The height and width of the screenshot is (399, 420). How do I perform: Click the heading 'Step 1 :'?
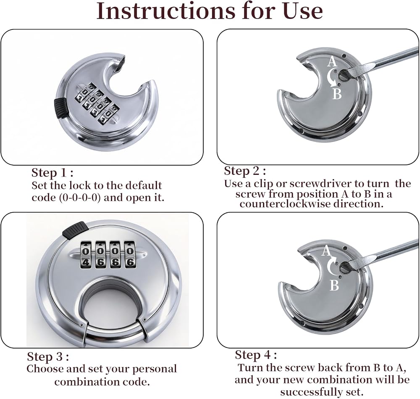coord(52,172)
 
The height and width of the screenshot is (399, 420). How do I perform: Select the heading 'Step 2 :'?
coord(245,171)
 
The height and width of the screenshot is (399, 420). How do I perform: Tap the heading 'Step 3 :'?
coord(48,357)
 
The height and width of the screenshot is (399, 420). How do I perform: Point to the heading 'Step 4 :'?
coord(256,355)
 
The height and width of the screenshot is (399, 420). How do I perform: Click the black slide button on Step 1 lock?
coord(60,107)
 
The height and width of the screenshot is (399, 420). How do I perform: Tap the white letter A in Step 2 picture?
coord(332,61)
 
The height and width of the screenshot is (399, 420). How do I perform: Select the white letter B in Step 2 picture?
coord(337,94)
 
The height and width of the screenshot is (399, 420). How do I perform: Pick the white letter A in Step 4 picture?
coord(326,251)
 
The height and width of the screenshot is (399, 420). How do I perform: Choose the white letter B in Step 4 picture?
coord(334,285)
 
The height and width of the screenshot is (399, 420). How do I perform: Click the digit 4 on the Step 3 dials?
coord(86,262)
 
